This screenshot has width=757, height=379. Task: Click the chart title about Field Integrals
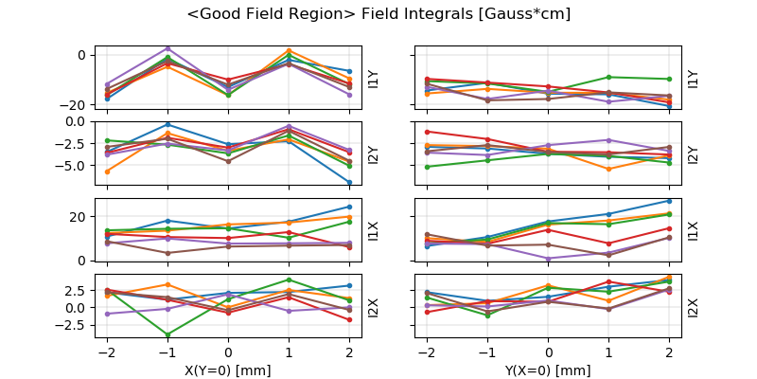coord(378,14)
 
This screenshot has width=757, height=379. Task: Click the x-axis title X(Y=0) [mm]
coord(228,370)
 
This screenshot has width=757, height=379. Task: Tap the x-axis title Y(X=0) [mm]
coord(548,370)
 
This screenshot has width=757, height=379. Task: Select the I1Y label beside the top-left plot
coord(374,79)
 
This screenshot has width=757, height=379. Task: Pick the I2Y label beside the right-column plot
coord(693,153)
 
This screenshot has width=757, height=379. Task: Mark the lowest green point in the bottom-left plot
coord(167,334)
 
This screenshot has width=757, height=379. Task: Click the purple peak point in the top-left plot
coord(167,48)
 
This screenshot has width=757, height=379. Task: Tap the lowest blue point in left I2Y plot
coord(349,183)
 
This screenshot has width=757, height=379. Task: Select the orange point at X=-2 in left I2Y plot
coord(107,171)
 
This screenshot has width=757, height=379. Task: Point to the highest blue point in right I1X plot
coord(669,201)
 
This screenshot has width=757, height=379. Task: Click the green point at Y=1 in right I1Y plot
coord(608,77)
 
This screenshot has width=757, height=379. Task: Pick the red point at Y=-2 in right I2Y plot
coord(427,132)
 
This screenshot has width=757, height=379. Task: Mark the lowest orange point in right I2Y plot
coord(608,169)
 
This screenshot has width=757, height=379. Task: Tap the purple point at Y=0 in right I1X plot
coord(548,258)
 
